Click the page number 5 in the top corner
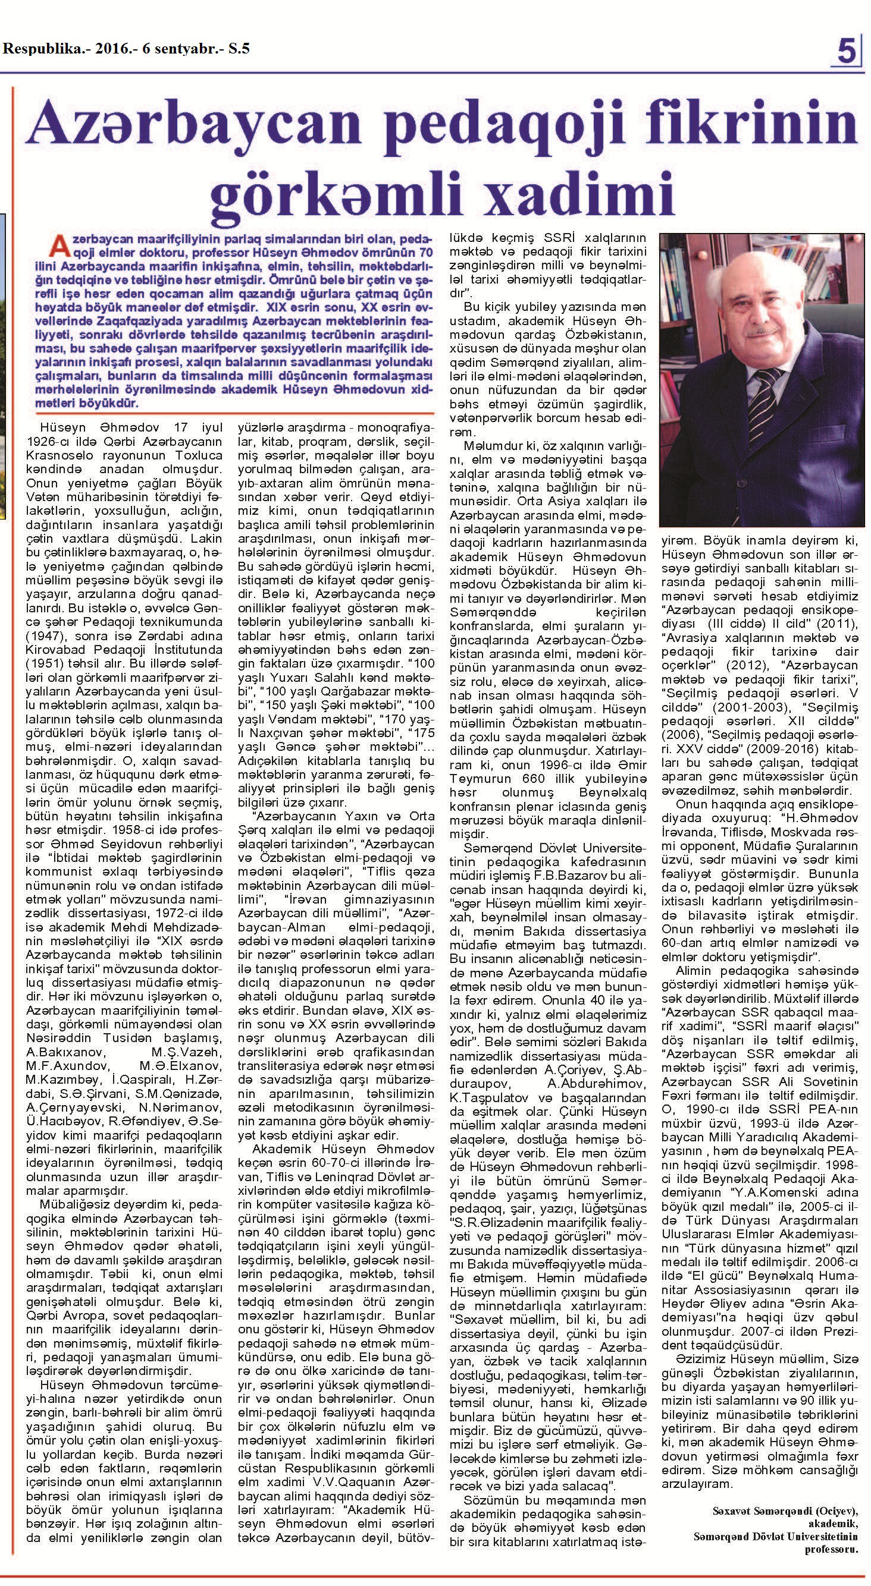pyautogui.click(x=848, y=52)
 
